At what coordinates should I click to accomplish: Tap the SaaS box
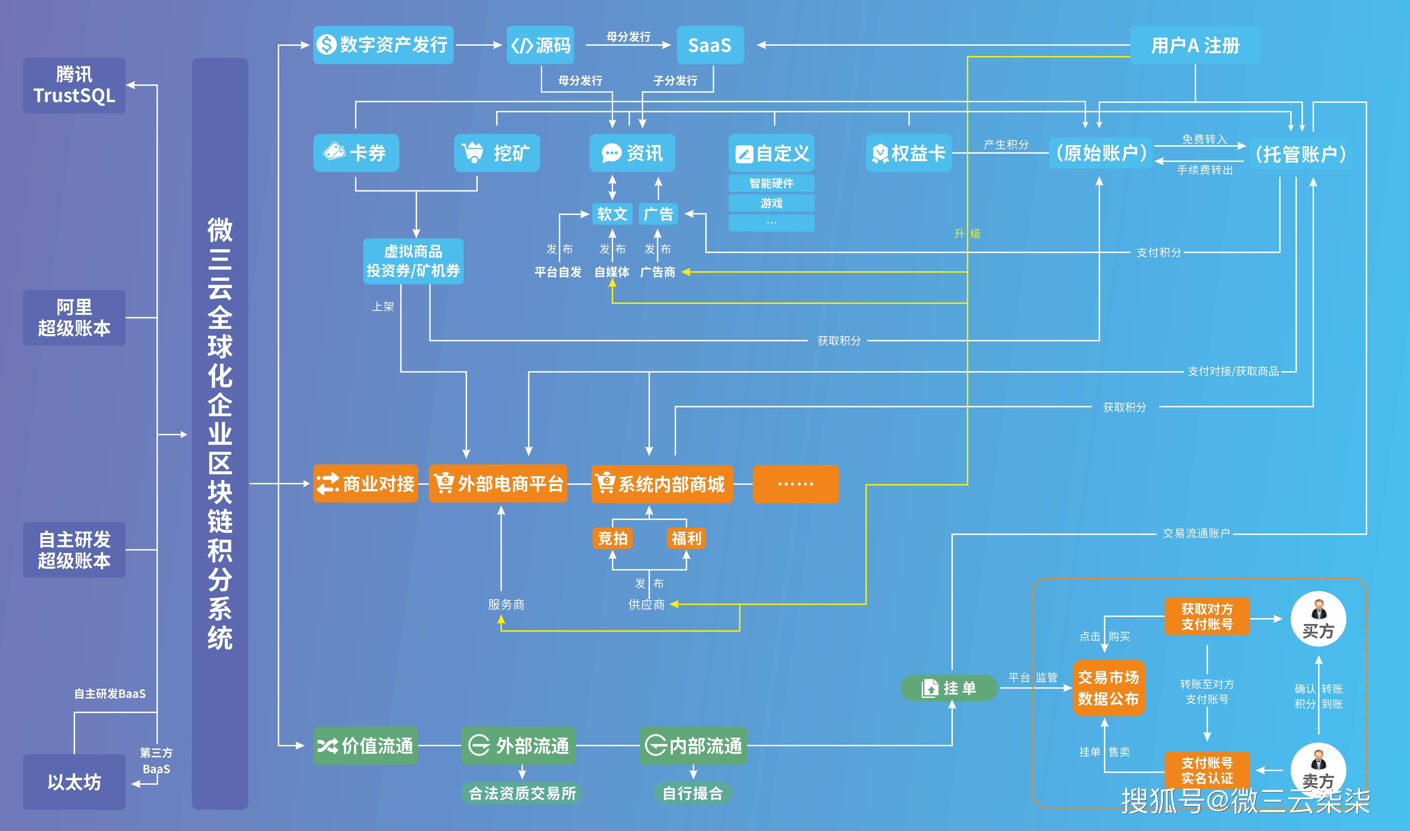coord(710,45)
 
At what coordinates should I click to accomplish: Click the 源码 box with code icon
coord(540,45)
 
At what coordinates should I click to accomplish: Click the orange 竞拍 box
coord(612,538)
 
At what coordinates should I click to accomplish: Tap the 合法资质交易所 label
coord(522,793)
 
